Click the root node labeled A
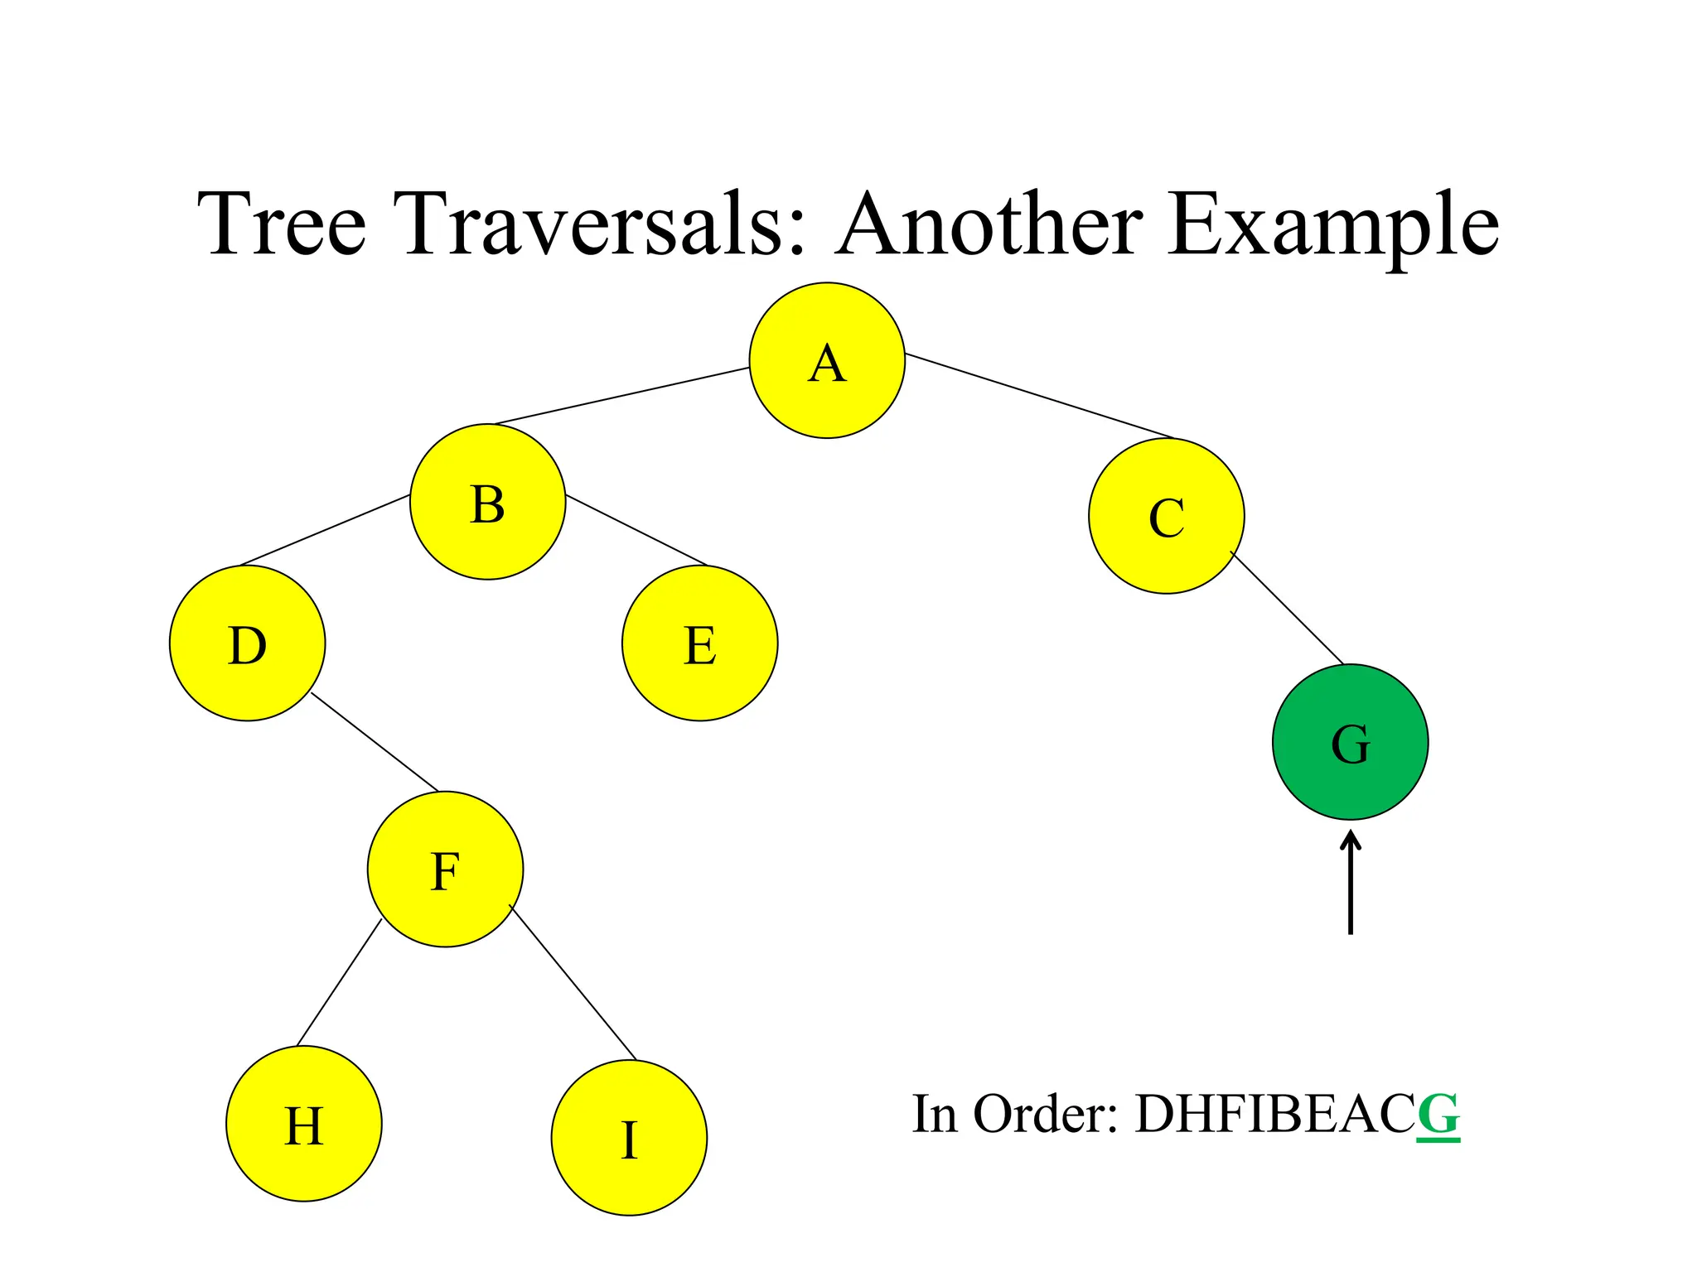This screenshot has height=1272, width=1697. point(827,361)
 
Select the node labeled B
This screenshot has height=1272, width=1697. point(488,502)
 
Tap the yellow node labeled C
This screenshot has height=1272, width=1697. point(1166,517)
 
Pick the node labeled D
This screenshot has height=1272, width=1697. point(248,643)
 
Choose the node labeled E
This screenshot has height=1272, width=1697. point(700,643)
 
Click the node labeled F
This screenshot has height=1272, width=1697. point(446,870)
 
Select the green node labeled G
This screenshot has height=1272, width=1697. point(1350,742)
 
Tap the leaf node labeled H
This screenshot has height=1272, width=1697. point(304,1124)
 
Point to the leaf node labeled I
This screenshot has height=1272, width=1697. point(629,1138)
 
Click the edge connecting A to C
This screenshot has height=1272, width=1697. point(1040,397)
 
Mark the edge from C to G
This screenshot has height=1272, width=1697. point(1287,607)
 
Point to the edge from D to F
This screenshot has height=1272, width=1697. point(375,742)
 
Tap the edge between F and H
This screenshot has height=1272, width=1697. point(339,983)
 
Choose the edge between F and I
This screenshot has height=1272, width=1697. point(573,984)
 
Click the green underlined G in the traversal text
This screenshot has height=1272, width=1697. point(1438,1115)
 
